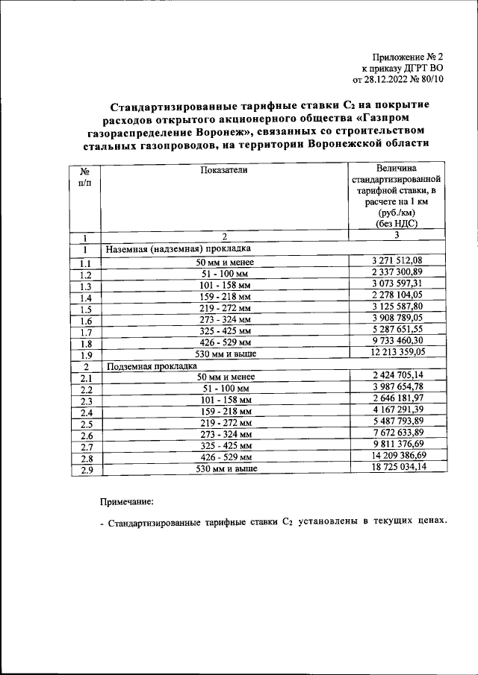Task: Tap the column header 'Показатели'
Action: [x=223, y=170]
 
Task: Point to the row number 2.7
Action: [x=85, y=446]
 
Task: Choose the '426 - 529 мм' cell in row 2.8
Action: [x=223, y=457]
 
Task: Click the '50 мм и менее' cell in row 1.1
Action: [x=223, y=262]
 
